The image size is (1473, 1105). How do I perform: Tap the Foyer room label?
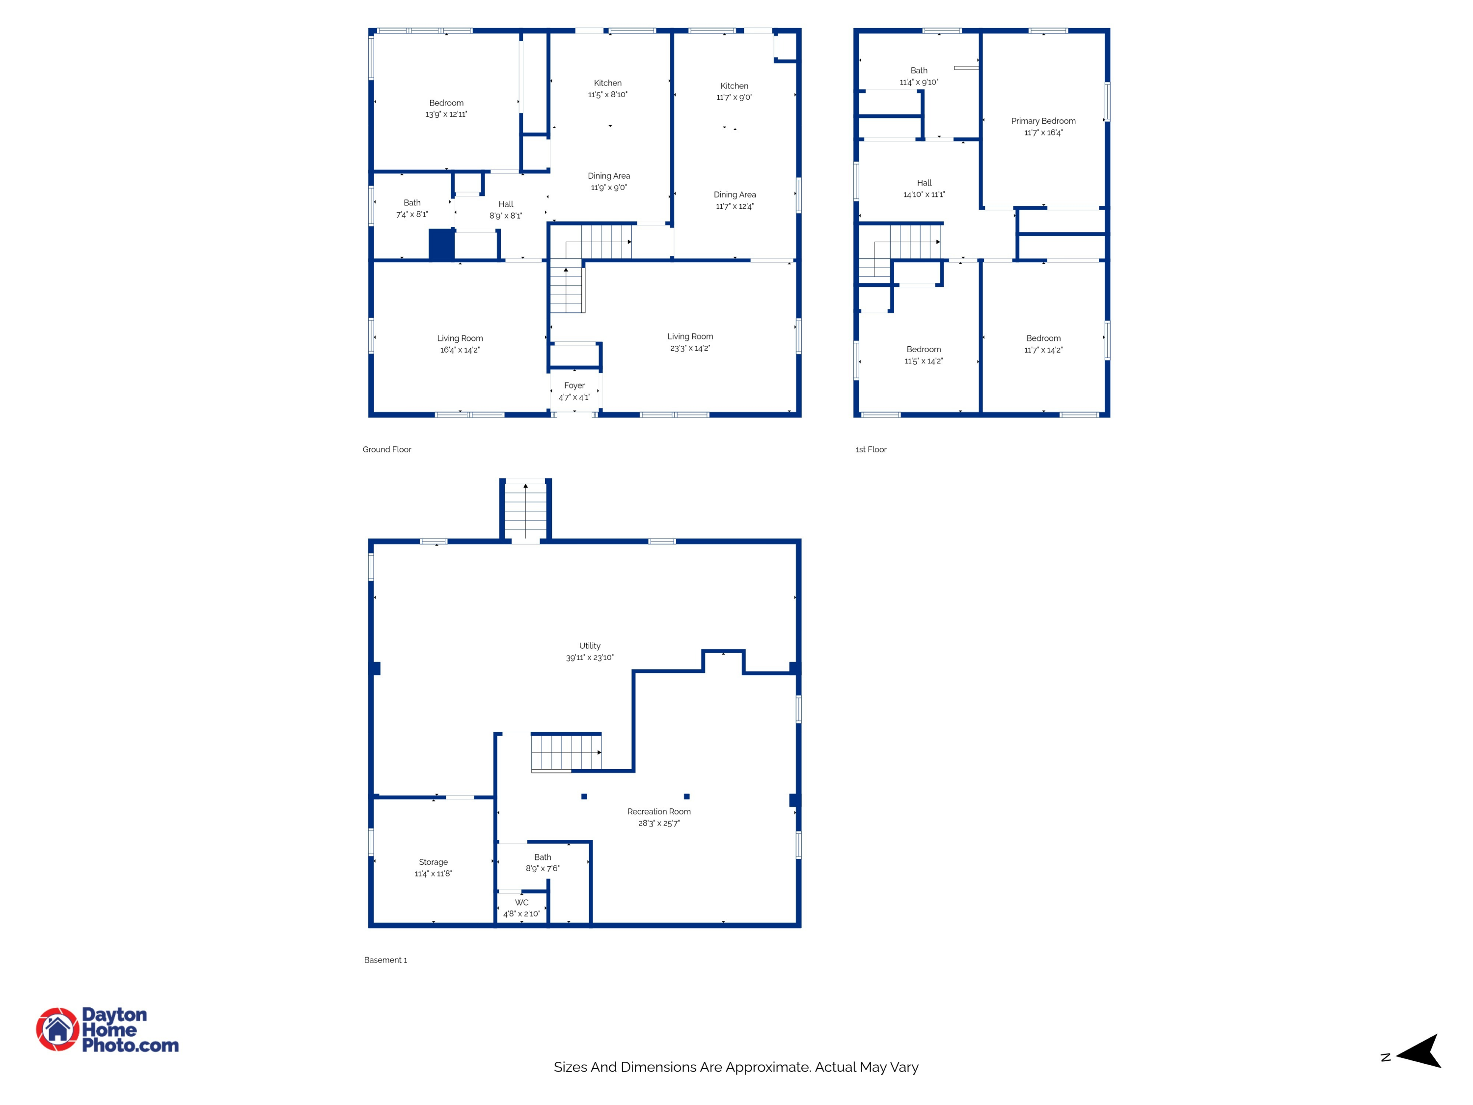(574, 386)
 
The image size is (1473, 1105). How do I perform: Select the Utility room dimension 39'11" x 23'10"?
(589, 658)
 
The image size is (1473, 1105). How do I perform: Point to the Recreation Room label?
(658, 811)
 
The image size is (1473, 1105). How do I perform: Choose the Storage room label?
(433, 862)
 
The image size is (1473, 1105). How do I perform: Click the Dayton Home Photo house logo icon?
(58, 1029)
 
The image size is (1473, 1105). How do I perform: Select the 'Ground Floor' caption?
(386, 449)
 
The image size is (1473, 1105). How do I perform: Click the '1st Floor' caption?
(871, 449)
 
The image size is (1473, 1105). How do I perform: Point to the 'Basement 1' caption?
(385, 960)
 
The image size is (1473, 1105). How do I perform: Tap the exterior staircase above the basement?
(525, 510)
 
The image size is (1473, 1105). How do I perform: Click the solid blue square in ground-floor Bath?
(441, 245)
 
